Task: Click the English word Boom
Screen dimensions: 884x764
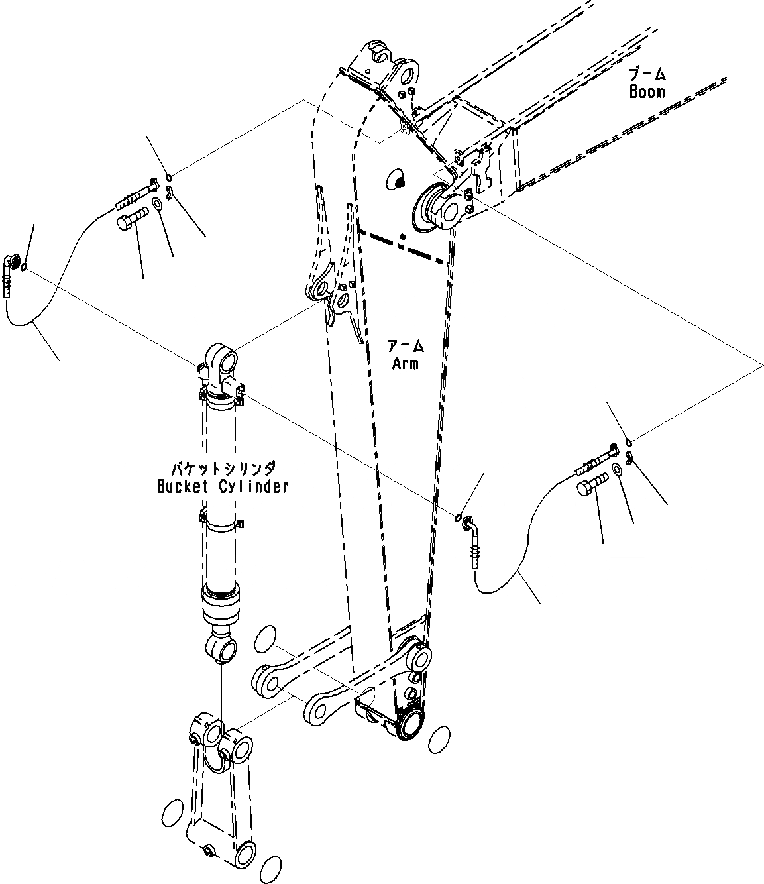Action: tap(647, 91)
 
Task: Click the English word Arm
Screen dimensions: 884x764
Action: tap(405, 362)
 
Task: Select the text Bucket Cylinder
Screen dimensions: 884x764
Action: tap(223, 486)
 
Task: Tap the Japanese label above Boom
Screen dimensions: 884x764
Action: tap(647, 74)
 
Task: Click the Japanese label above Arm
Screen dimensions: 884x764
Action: tap(405, 345)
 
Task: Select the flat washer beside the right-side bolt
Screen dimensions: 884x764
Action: tap(616, 470)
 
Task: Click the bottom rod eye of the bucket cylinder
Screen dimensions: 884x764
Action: tap(222, 646)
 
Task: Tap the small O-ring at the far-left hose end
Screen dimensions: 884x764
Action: tap(25, 267)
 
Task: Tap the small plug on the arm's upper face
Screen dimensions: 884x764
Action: tap(397, 180)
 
